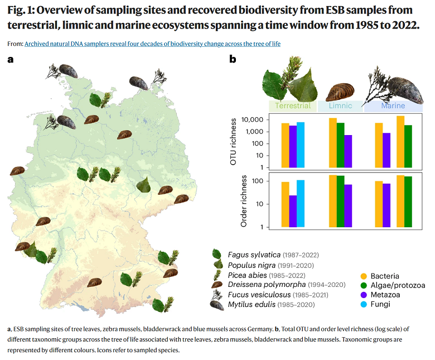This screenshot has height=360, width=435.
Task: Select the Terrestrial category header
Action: pyautogui.click(x=293, y=106)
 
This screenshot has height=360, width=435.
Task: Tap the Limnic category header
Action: pyautogui.click(x=340, y=106)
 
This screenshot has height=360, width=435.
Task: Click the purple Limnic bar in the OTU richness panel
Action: pyautogui.click(x=348, y=151)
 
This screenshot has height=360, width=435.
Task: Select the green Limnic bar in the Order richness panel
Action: pyautogui.click(x=340, y=201)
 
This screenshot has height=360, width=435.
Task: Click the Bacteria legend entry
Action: pyautogui.click(x=384, y=276)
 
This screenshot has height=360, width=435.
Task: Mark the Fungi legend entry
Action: pyautogui.click(x=380, y=304)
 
